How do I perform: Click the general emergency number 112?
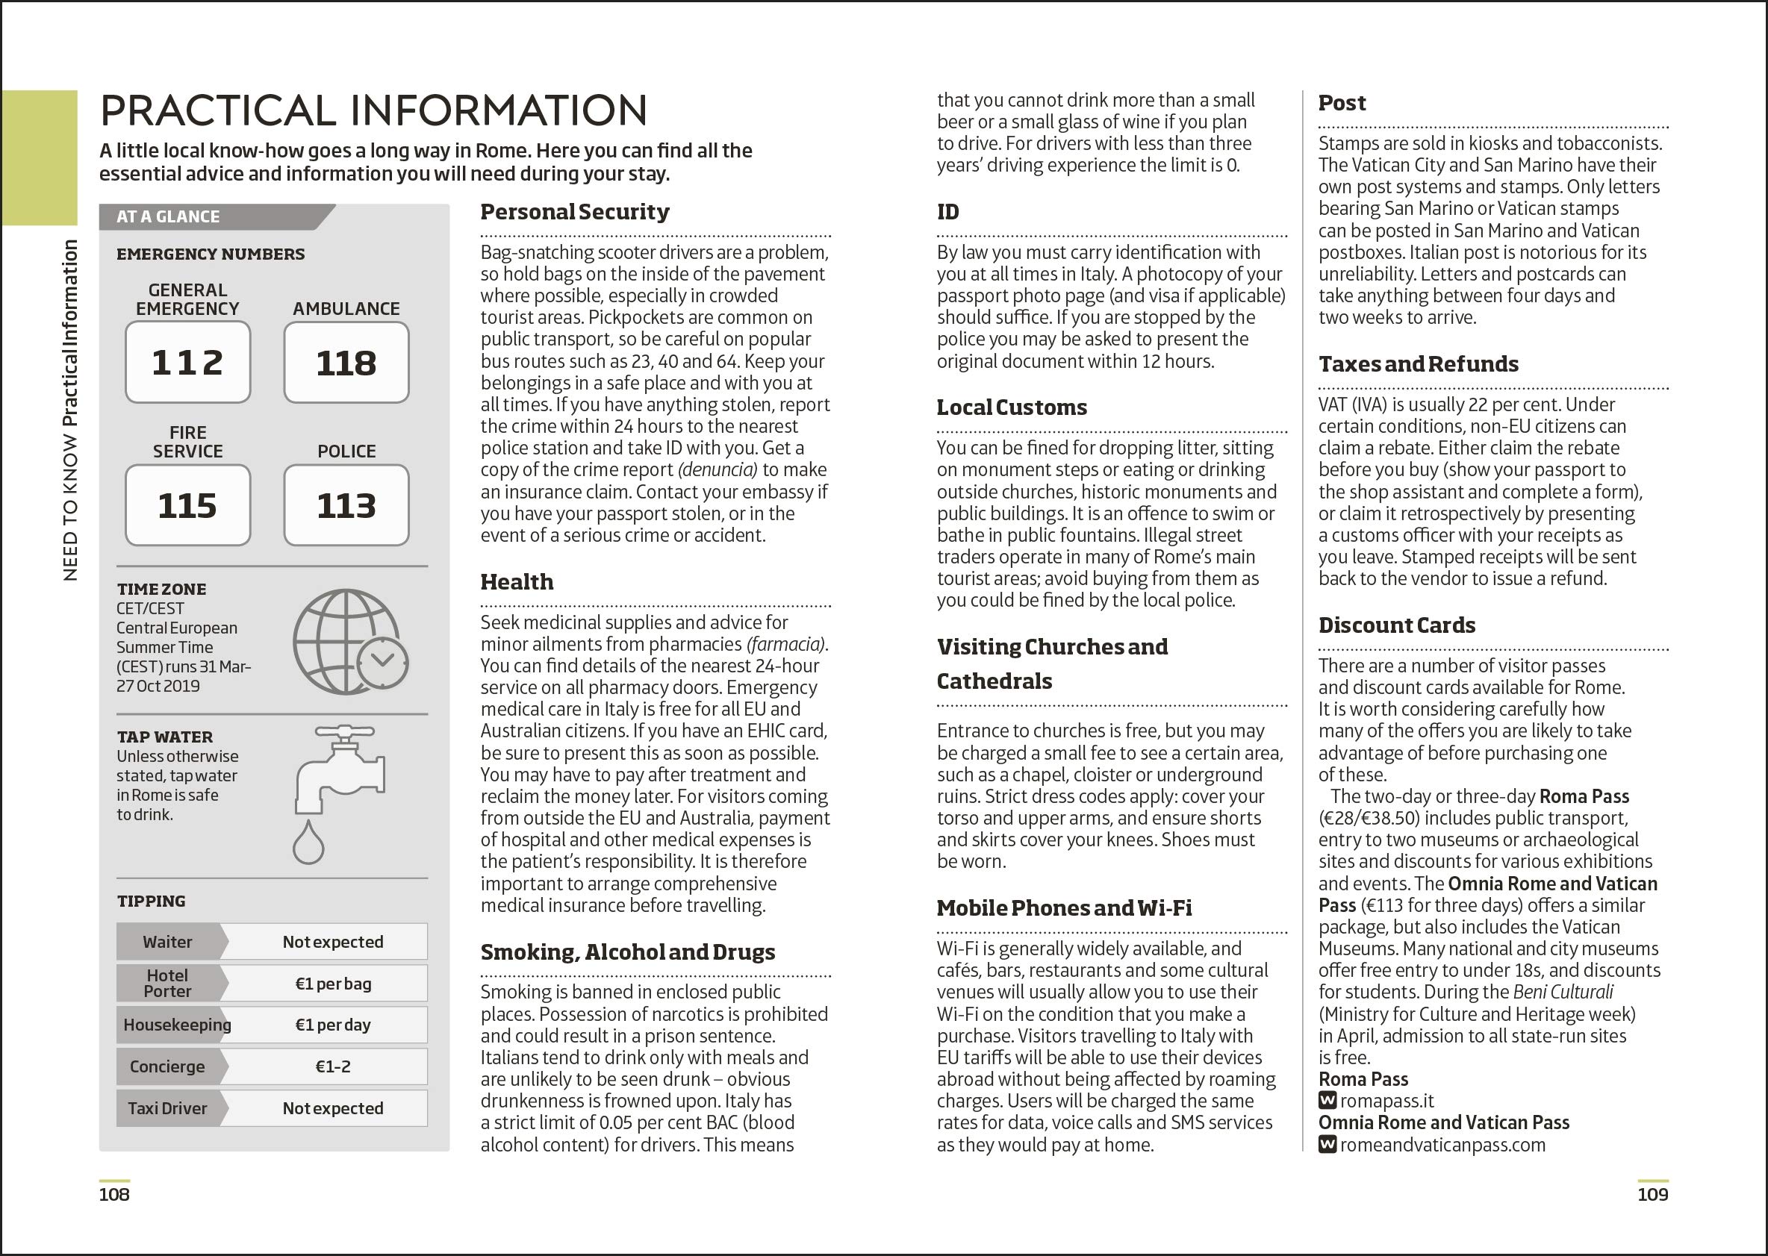tap(187, 363)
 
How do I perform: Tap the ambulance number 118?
tap(346, 363)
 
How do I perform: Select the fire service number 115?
tap(187, 506)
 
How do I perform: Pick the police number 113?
tap(346, 506)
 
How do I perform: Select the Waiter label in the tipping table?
tap(167, 942)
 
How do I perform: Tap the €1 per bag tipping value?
tap(333, 984)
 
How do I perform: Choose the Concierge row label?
tap(167, 1066)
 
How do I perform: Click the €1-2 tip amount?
tap(333, 1066)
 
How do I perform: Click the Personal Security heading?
tap(574, 212)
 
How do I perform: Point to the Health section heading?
tap(517, 581)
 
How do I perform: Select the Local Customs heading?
tap(1011, 407)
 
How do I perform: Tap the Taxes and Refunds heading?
tap(1419, 364)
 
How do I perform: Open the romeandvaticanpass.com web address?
tap(1442, 1145)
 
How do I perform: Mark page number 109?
tap(1652, 1194)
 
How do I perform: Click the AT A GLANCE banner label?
tap(168, 216)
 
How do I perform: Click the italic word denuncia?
tap(718, 469)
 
